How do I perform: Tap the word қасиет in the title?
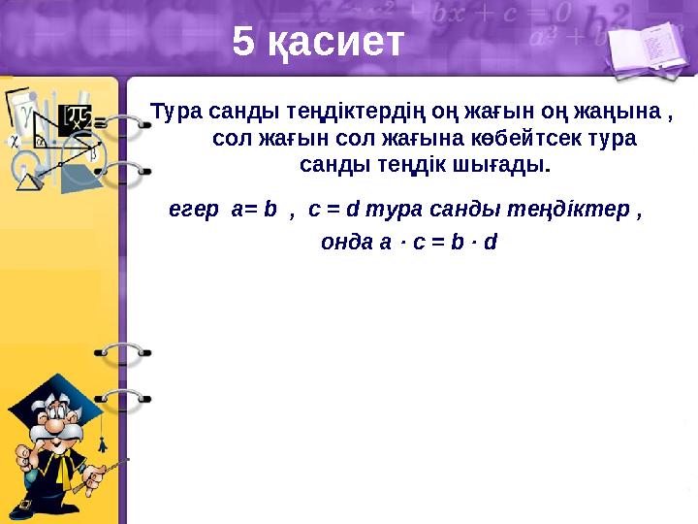[333, 43]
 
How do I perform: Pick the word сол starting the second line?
[229, 138]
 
